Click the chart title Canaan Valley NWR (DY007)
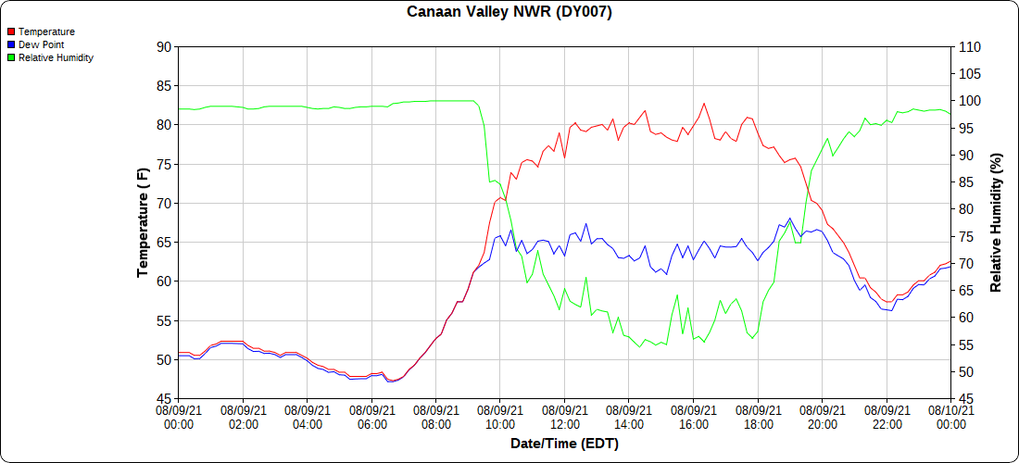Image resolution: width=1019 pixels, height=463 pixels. click(509, 12)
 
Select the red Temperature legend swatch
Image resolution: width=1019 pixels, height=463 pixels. click(10, 32)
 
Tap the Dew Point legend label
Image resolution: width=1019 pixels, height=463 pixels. click(41, 44)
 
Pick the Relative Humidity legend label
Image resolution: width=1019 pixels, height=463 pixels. click(56, 57)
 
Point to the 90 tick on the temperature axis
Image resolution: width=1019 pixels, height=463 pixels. click(164, 46)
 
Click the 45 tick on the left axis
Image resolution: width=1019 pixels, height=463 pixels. click(164, 399)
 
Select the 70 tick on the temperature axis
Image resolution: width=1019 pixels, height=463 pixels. click(164, 203)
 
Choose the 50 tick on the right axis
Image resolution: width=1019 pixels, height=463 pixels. click(963, 372)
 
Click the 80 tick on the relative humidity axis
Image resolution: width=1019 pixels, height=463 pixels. click(963, 209)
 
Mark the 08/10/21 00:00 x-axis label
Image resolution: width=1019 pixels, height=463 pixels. click(950, 417)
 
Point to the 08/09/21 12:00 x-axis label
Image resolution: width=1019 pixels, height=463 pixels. click(565, 417)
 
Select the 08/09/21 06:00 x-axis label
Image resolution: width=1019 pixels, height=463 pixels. click(371, 417)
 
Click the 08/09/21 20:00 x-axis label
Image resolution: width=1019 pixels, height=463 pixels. click(822, 417)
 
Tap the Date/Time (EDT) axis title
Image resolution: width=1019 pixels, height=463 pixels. click(564, 444)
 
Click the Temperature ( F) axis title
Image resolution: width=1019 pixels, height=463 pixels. click(143, 222)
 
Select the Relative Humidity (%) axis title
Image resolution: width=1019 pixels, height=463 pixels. click(997, 222)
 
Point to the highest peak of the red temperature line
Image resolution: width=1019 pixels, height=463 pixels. click(703, 103)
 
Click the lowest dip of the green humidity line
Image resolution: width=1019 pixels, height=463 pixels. click(641, 347)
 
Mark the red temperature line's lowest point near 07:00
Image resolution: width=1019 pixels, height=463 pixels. click(392, 381)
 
